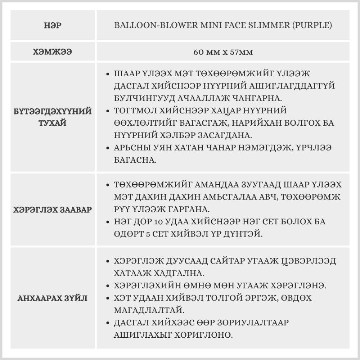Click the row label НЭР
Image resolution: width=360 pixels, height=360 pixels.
(x=53, y=26)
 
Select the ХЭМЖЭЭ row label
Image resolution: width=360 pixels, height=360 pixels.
(x=53, y=52)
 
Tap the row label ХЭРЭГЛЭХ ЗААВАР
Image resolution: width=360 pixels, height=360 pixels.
(x=53, y=210)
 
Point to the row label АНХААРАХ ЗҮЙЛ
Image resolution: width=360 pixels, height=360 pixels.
(x=53, y=298)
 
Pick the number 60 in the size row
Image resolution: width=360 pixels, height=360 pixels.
(x=198, y=52)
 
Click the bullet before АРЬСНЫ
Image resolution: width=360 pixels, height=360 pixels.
(x=108, y=148)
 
